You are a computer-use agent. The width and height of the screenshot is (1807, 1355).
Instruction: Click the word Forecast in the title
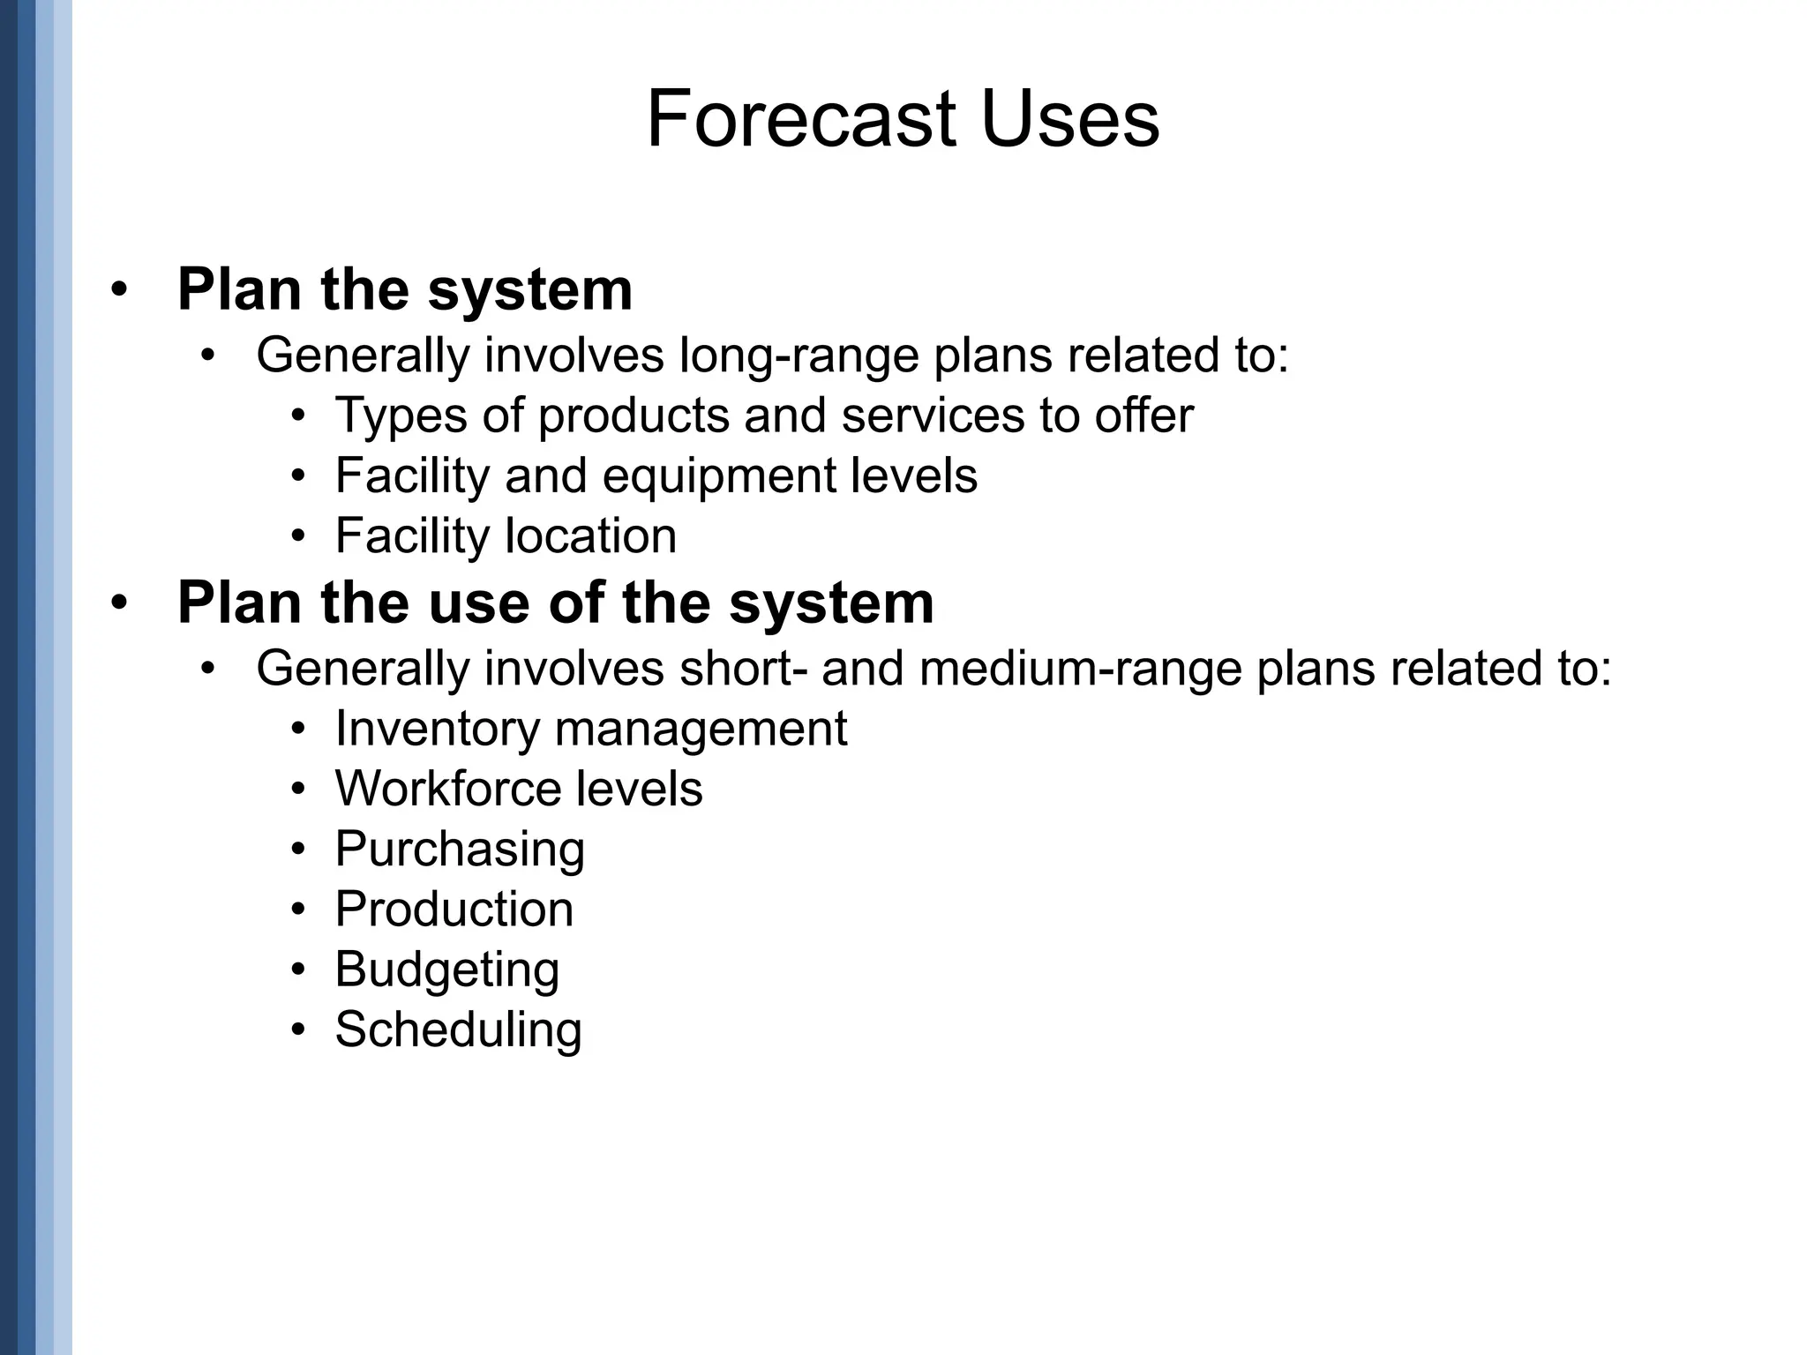click(801, 119)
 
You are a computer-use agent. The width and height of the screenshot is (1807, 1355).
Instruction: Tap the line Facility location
click(506, 535)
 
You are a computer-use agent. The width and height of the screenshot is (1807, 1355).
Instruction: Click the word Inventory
click(437, 729)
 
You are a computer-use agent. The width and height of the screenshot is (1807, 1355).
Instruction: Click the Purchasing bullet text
click(460, 850)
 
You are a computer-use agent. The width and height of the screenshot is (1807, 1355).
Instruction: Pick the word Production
click(454, 910)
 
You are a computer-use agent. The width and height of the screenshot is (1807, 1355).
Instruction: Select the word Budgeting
click(446, 969)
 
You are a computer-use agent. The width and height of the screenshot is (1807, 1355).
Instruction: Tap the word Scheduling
click(458, 1029)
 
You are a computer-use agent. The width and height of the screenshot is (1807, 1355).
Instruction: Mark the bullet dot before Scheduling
click(299, 1030)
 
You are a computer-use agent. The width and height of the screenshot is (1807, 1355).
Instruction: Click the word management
click(701, 729)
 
